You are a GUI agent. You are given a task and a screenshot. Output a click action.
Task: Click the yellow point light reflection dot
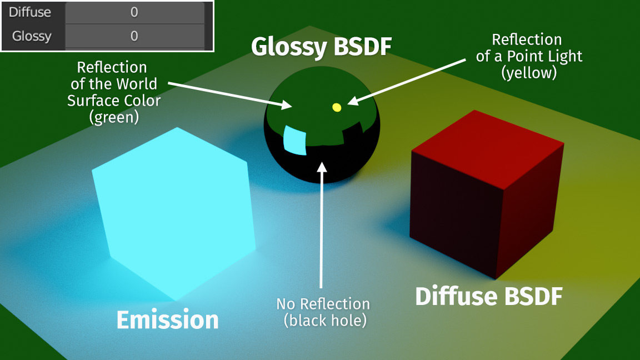336,107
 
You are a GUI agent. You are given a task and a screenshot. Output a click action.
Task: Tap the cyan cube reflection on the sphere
295,140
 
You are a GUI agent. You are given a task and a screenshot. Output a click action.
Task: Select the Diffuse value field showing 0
134,12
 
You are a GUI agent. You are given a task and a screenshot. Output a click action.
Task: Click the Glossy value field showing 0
134,36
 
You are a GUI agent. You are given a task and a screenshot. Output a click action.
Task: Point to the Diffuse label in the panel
30,12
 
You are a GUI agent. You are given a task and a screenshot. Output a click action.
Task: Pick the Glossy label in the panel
32,36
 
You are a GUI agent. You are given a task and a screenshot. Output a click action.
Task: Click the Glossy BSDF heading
321,48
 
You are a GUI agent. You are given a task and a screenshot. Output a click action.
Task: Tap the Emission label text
167,320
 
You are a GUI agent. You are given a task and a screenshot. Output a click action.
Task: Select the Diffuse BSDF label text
489,297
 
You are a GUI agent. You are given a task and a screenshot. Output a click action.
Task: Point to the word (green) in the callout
113,117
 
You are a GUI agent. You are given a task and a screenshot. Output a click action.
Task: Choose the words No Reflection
323,304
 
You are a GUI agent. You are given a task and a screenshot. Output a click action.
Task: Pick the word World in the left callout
136,84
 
